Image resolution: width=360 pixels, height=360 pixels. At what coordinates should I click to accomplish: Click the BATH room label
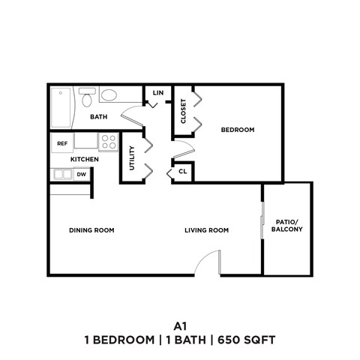pos(98,117)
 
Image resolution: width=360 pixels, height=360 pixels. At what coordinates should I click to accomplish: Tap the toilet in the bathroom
pos(87,97)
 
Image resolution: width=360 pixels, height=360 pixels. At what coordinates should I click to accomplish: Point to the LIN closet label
pos(157,93)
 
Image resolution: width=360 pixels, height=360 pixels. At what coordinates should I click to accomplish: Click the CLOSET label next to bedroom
pos(184,112)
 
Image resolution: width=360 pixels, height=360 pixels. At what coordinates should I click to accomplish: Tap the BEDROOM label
pos(237,130)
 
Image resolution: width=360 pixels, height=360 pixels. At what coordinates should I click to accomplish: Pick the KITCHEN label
pos(85,160)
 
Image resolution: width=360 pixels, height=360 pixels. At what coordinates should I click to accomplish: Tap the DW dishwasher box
pos(82,175)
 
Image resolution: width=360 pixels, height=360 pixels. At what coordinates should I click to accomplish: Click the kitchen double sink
pos(61,175)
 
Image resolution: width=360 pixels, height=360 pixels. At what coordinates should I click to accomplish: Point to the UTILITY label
pos(132,157)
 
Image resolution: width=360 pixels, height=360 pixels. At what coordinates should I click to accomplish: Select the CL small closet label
pos(181,172)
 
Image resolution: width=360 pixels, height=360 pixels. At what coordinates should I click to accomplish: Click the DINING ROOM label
pos(91,230)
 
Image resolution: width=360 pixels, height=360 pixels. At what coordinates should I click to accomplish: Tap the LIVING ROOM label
pos(206,230)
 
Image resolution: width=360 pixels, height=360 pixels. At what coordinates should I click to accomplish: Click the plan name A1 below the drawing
pos(179,326)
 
